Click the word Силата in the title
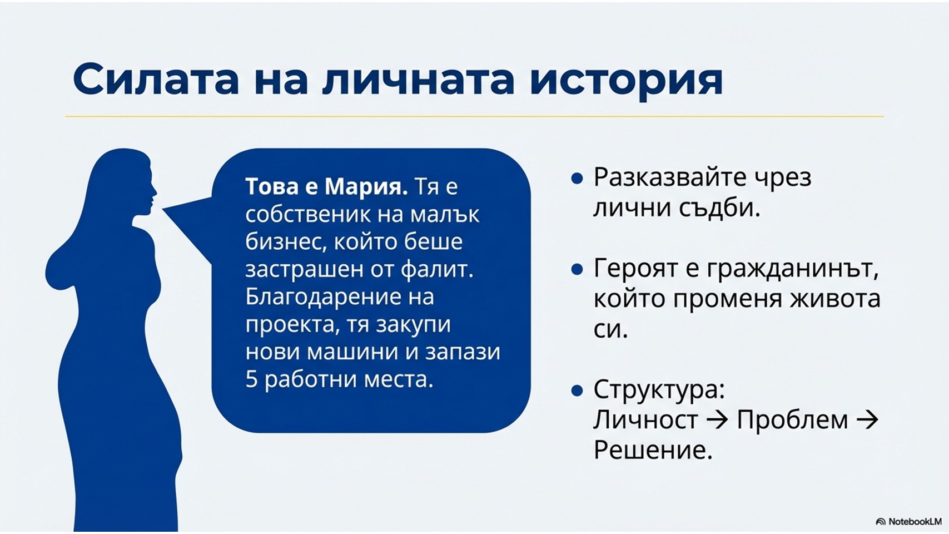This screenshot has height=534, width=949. (156, 79)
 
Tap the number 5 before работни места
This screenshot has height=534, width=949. (252, 379)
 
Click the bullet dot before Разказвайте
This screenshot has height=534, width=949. (577, 179)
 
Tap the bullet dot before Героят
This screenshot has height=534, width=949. (577, 269)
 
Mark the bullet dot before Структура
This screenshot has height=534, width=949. (577, 390)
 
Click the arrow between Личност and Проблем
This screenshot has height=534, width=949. (717, 421)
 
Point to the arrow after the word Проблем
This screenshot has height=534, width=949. (867, 421)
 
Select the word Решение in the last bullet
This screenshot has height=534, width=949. (653, 450)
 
